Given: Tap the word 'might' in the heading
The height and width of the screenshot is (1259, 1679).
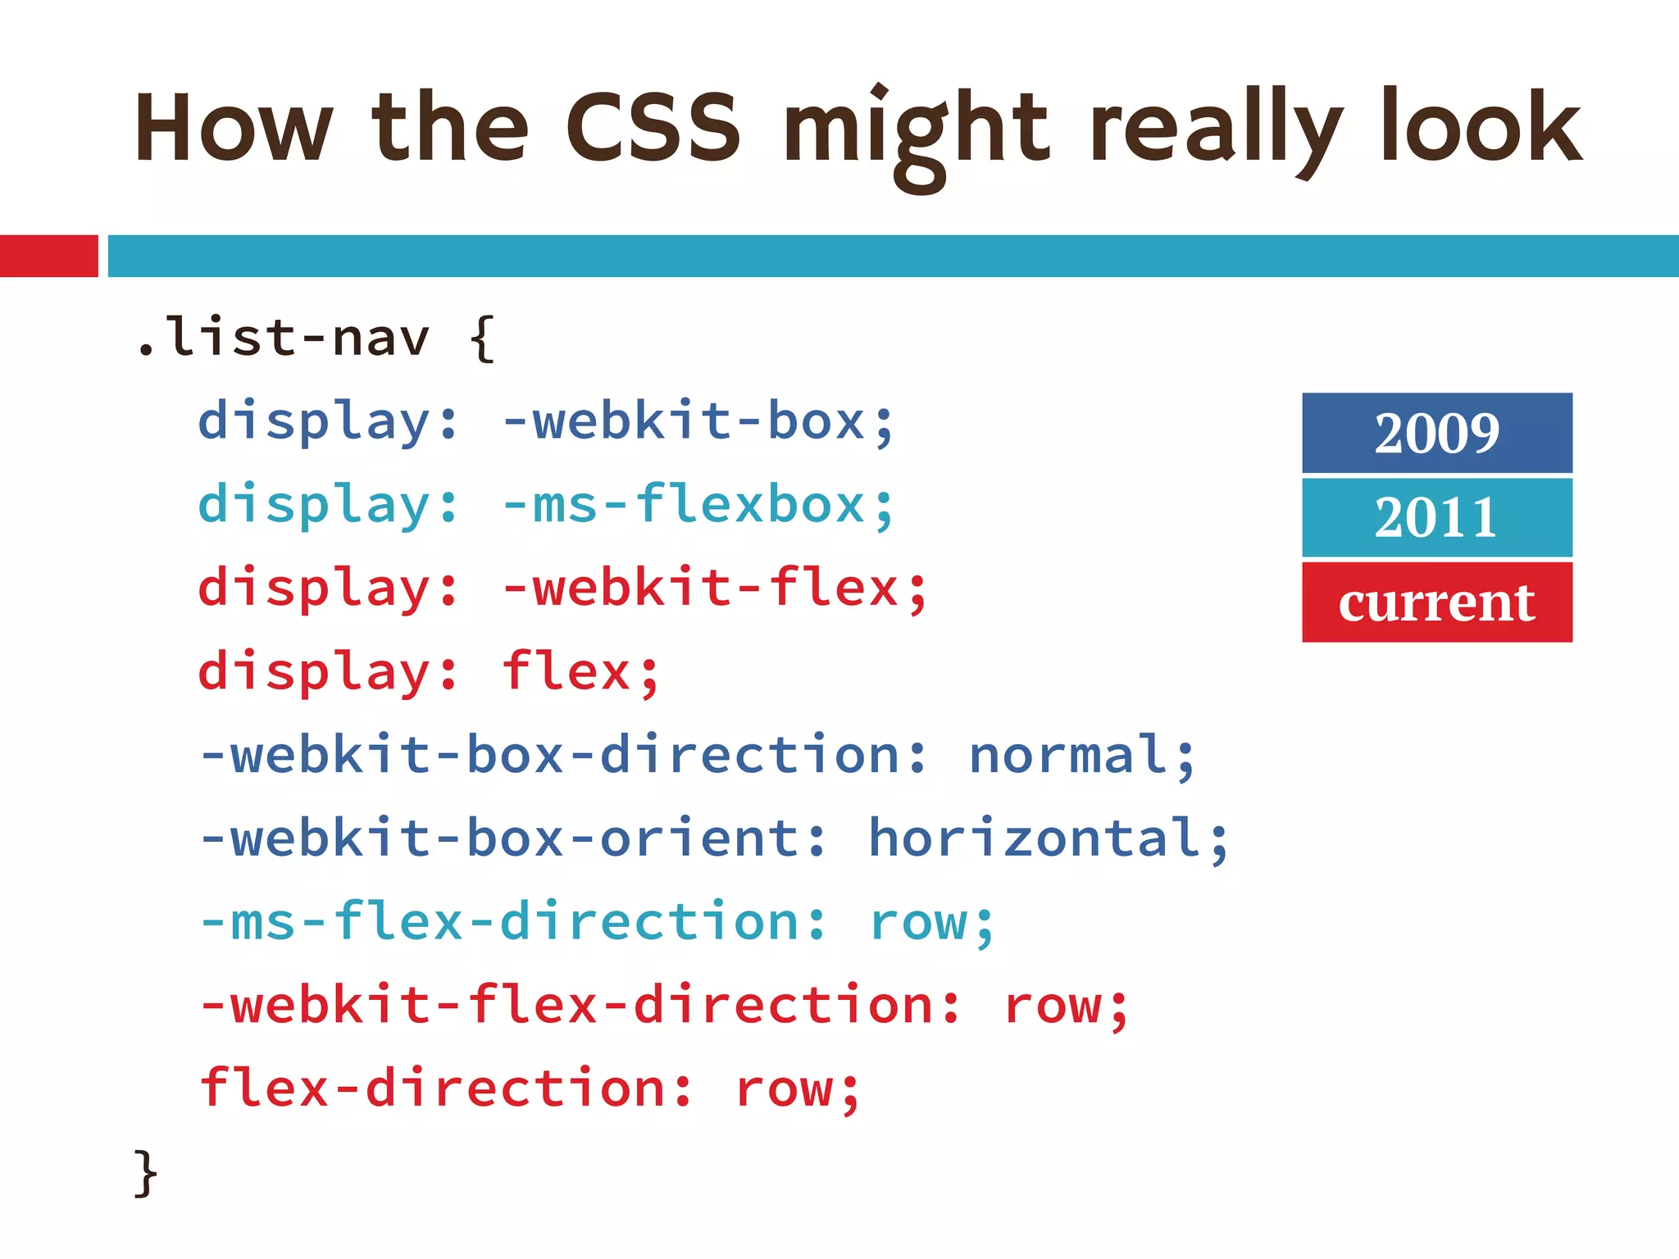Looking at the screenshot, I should [x=916, y=131].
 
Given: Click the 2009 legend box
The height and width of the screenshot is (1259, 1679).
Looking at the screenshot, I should [x=1436, y=433].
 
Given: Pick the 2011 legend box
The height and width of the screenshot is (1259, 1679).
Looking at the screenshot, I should [x=1436, y=517].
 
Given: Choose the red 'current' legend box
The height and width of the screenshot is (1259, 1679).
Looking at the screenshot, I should [x=1436, y=602].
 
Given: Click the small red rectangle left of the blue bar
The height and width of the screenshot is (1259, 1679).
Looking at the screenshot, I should [x=48, y=256].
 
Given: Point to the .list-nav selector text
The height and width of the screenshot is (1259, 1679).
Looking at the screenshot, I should [x=283, y=337].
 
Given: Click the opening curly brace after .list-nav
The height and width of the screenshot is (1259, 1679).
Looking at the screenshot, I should [x=483, y=339].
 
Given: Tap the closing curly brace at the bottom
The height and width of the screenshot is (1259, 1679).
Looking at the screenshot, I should [x=145, y=1173].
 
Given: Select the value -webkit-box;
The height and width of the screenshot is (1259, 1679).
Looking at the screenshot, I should [x=698, y=421].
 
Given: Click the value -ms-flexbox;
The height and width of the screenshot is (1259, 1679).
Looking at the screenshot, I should [x=698, y=505].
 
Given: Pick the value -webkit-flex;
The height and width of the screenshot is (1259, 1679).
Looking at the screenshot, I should [x=714, y=589].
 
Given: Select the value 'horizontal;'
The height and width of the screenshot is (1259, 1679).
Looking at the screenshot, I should [x=1049, y=839].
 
